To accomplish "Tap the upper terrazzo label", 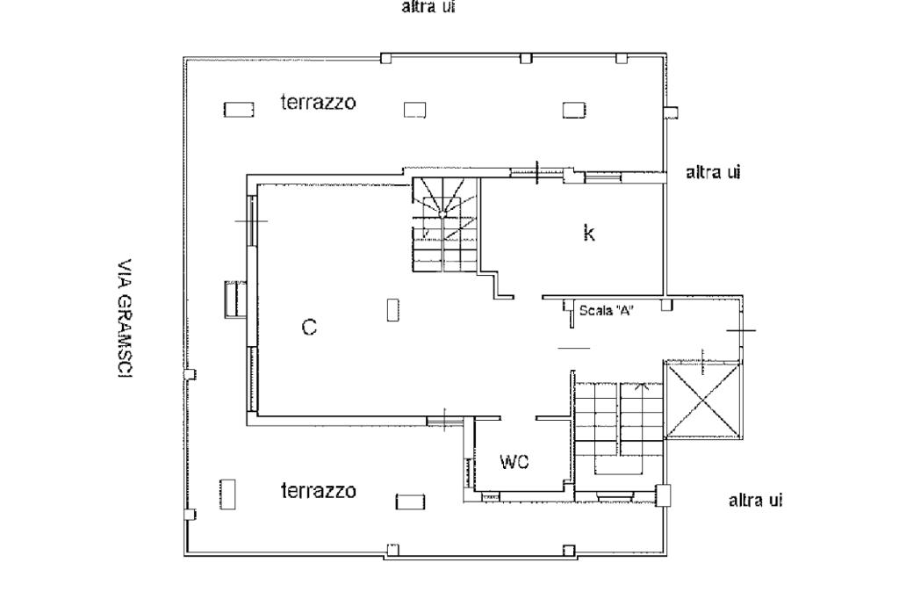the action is (318, 103).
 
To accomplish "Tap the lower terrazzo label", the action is (318, 491).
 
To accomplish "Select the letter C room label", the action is (309, 328).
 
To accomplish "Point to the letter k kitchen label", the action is (589, 233).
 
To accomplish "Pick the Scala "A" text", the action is (607, 309).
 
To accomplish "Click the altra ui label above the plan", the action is (428, 8).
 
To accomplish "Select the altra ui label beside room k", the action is (713, 173).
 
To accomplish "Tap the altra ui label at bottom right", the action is (756, 501).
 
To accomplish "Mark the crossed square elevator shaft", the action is (703, 400).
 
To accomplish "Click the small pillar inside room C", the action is (392, 310).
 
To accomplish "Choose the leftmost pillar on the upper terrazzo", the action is (238, 110).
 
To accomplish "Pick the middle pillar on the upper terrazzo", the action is (414, 110).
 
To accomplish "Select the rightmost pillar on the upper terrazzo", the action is (574, 110).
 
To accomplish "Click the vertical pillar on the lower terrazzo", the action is (227, 494).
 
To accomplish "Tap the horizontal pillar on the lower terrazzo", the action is (410, 502).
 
